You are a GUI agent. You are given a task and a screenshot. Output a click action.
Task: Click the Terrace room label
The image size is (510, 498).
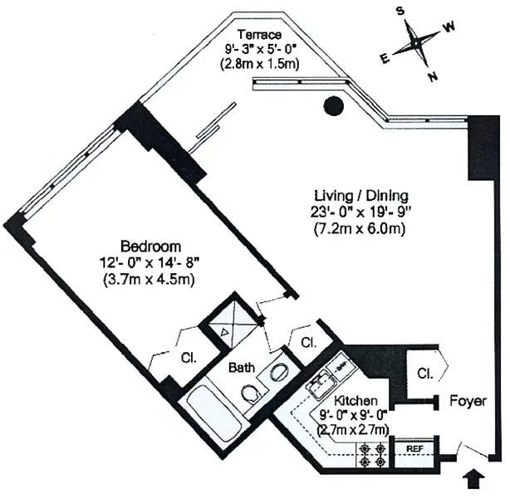tap(259, 34)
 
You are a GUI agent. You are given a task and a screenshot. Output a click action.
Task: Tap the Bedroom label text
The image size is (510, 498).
tap(150, 247)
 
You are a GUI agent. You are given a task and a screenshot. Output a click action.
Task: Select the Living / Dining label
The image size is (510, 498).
tap(361, 196)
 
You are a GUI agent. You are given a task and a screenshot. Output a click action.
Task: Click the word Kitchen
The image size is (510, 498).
tap(356, 401)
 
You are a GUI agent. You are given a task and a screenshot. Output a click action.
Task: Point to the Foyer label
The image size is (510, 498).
tap(468, 401)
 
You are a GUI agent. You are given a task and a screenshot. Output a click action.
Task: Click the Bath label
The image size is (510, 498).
tap(242, 368)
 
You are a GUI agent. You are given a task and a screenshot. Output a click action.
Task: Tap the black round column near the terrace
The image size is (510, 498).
tap(334, 105)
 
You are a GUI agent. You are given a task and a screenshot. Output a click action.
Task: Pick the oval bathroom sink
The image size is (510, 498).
tap(278, 371)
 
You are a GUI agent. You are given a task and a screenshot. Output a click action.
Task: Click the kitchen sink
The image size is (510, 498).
tap(321, 383)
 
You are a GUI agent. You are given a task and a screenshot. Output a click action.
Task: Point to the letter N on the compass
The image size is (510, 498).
tap(433, 76)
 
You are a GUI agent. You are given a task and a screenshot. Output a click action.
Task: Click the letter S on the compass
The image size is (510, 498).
tap(400, 11)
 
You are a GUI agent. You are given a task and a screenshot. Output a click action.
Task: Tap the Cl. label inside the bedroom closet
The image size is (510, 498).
tap(189, 358)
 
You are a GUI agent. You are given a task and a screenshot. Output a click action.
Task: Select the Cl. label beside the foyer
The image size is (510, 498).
tap(425, 373)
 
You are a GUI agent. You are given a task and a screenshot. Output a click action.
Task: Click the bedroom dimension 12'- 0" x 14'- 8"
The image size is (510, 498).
tap(149, 262)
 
